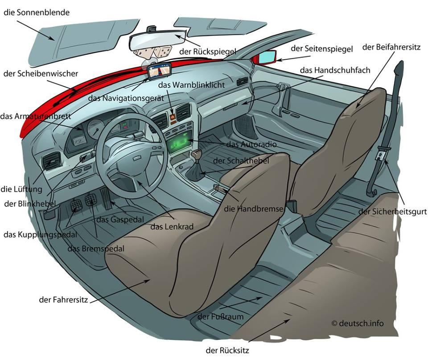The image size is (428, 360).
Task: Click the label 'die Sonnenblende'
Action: click(37, 12)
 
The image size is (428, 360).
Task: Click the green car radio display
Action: click(180, 143)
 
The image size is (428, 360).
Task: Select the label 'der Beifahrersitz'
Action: click(391, 47)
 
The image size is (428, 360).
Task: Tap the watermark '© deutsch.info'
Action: click(357, 323)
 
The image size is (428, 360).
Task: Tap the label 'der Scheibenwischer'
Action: click(41, 74)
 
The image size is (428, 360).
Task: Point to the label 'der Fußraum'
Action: click(221, 317)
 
